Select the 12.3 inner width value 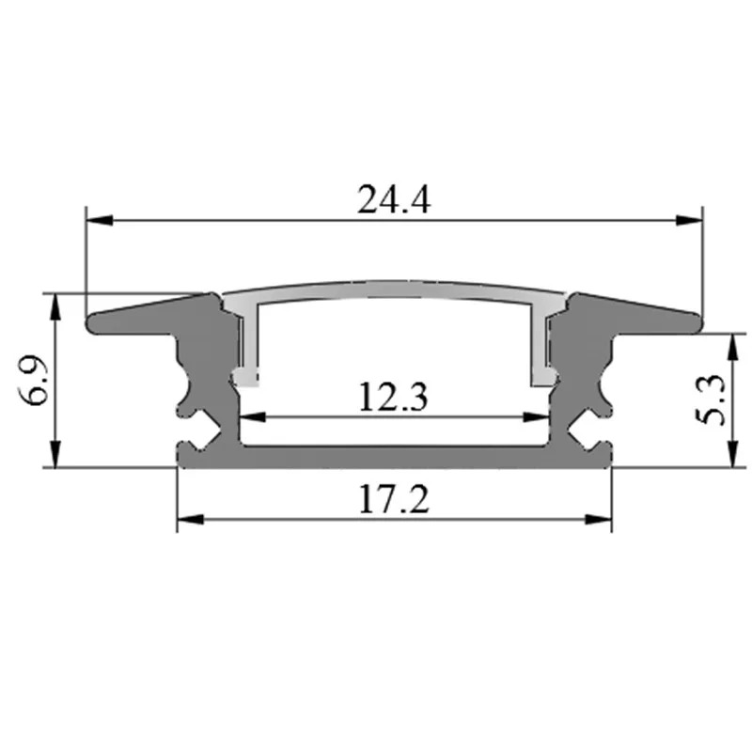click(x=394, y=398)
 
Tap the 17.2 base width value click(x=394, y=499)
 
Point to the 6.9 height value click(x=35, y=381)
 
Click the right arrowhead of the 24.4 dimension click(x=691, y=220)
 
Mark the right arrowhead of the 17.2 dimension click(x=599, y=519)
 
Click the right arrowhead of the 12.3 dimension click(x=538, y=415)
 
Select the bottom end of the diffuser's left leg click(x=246, y=379)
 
